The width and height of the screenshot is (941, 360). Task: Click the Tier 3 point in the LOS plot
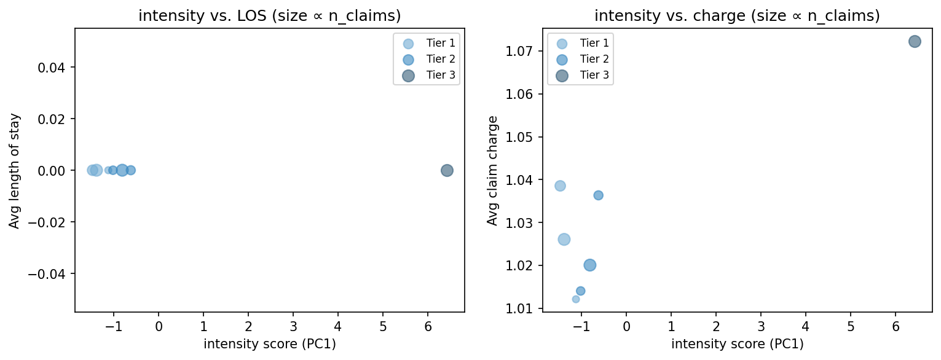[x=447, y=170]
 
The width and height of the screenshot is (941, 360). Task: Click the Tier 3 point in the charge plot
[x=915, y=42]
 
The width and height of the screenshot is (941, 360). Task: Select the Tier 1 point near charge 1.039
[x=560, y=186]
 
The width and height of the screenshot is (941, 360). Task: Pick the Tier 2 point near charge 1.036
[x=598, y=195]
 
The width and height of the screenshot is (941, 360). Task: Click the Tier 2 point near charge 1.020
[x=590, y=265]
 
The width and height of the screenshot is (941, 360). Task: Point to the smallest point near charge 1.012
[x=576, y=299]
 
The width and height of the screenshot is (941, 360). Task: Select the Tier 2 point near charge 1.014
[x=580, y=291]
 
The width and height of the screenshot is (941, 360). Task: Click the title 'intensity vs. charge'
[x=737, y=17]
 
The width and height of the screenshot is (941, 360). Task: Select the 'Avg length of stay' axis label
[x=14, y=170]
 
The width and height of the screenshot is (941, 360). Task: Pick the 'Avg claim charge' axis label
[x=492, y=170]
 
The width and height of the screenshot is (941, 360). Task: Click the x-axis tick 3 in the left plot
[x=293, y=326]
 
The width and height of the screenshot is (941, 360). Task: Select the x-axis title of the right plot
[x=737, y=344]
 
